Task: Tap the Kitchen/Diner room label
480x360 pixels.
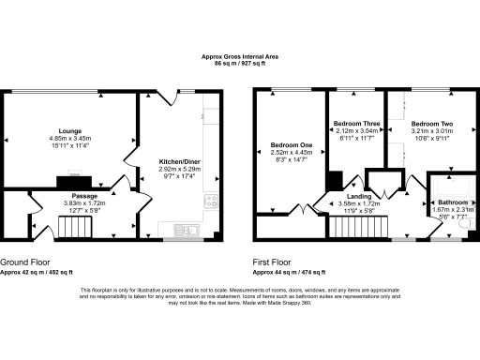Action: [182, 161]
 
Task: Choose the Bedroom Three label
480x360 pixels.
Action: [353, 124]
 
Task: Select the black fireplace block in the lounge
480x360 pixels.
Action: [71, 181]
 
